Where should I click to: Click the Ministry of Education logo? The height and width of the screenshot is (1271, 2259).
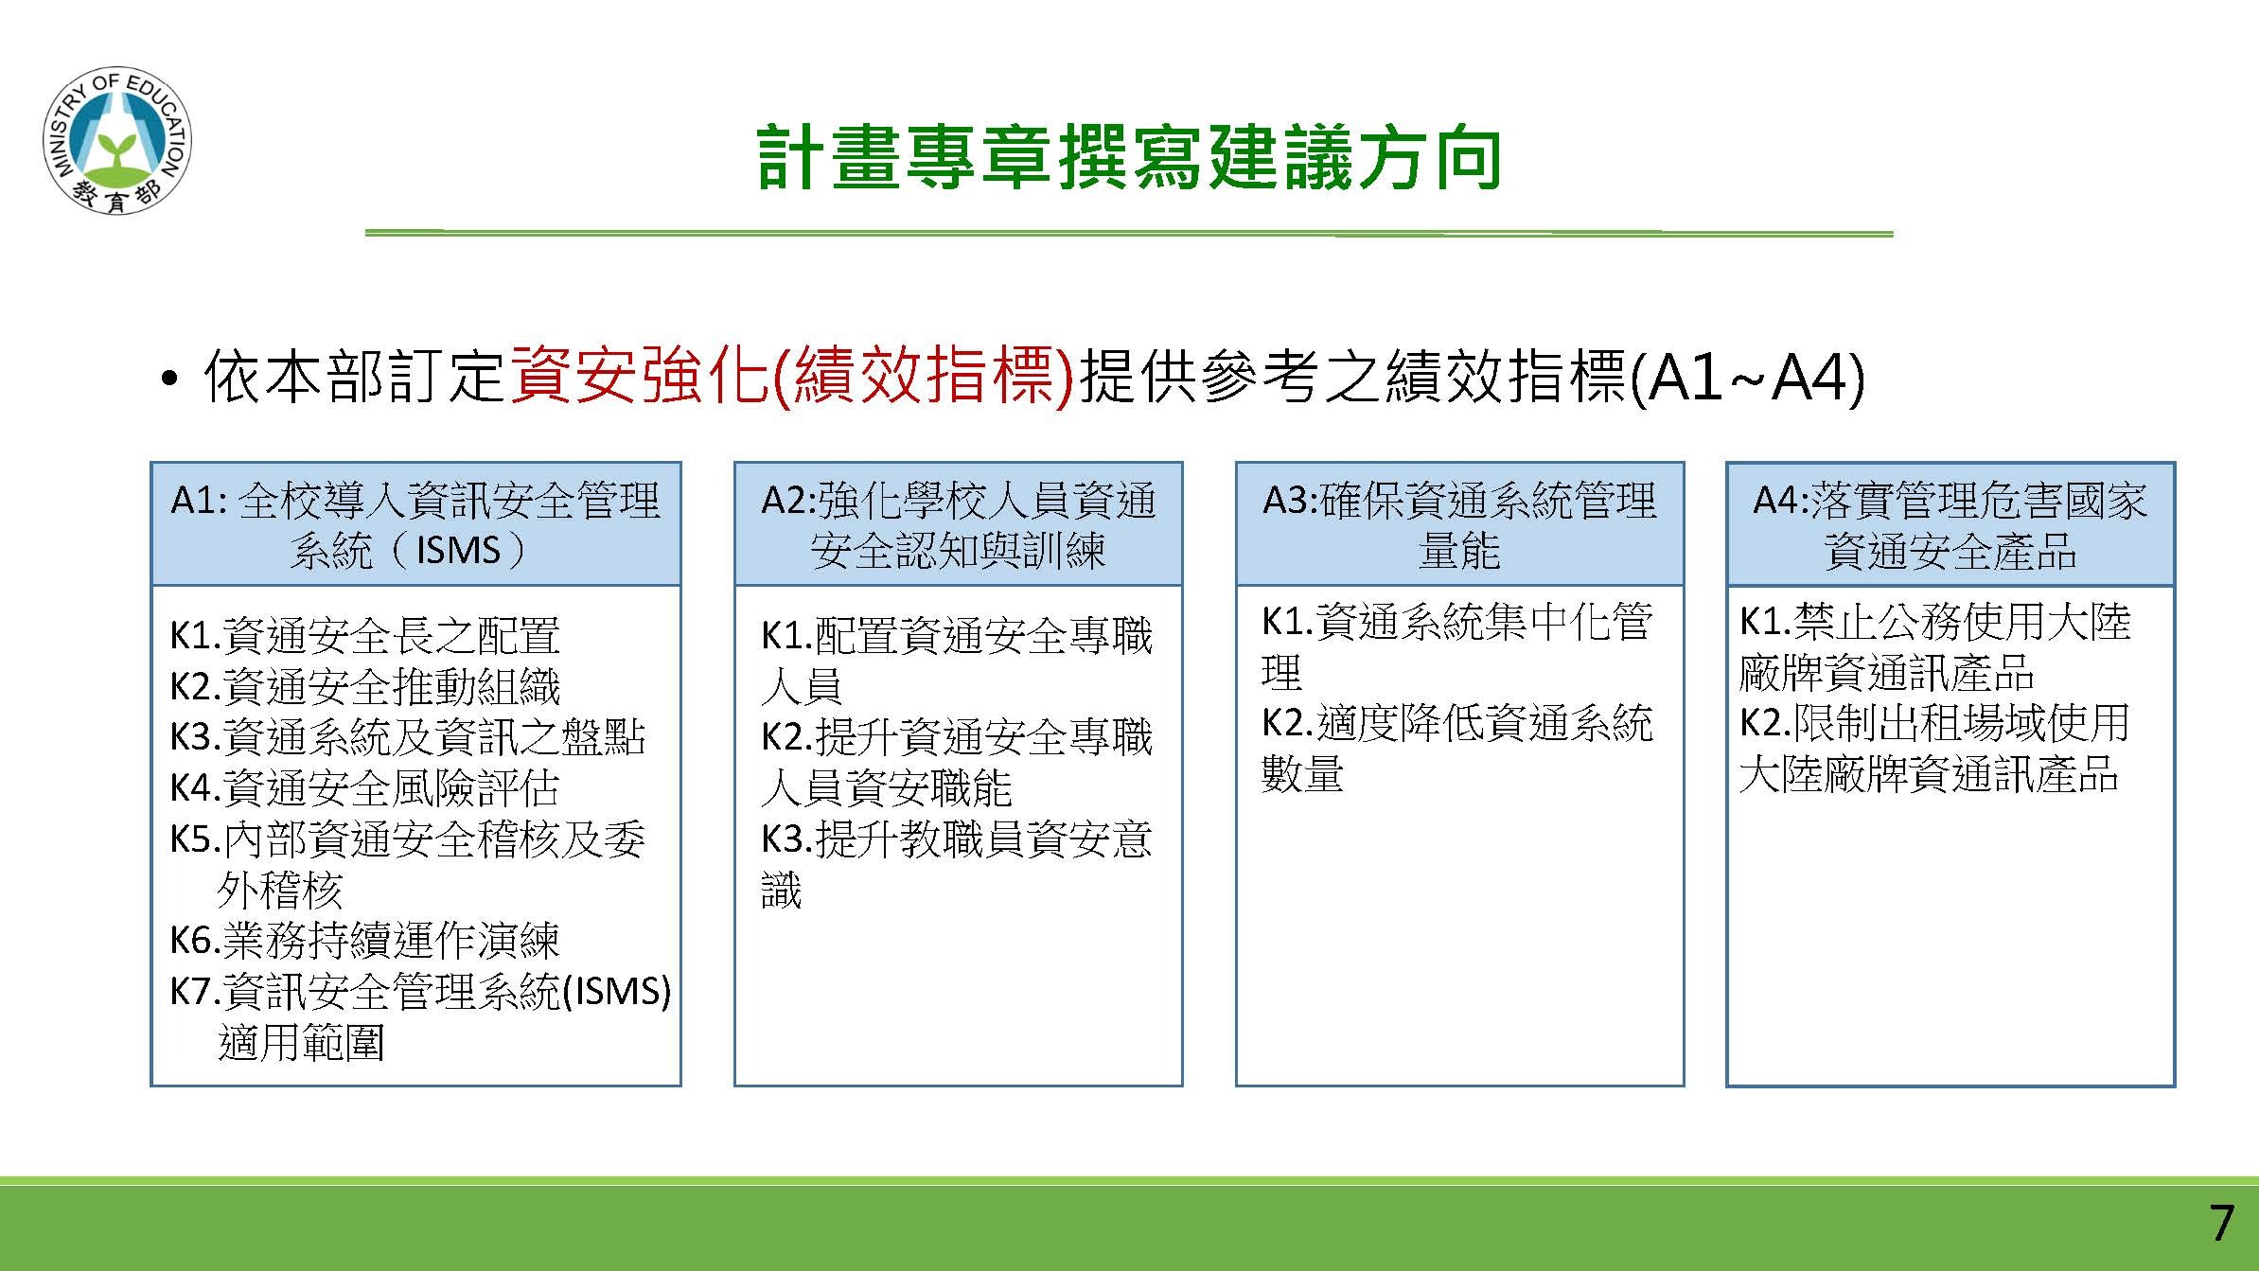pos(116,141)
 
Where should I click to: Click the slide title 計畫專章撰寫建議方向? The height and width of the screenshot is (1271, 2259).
pos(1129,158)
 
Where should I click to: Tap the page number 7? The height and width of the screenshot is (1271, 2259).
pos(2222,1223)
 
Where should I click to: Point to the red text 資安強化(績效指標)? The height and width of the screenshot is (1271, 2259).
pos(792,378)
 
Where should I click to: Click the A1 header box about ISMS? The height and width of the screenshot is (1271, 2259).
pos(415,524)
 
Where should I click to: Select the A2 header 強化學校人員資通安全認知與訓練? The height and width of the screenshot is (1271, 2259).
pos(959,524)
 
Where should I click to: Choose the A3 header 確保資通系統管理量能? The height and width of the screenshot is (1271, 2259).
pos(1459,524)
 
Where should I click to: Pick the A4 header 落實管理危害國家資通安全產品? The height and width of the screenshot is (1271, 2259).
pos(1950,524)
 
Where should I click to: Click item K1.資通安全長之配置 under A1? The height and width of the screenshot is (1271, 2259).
pos(364,635)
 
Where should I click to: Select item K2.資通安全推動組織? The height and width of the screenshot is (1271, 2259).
pos(364,686)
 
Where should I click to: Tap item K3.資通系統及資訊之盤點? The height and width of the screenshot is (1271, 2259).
pos(407,737)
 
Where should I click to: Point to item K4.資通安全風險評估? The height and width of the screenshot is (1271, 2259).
pos(364,788)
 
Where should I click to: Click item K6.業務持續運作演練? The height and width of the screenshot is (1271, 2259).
pos(364,941)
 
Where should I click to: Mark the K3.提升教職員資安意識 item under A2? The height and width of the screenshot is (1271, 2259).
pos(956,864)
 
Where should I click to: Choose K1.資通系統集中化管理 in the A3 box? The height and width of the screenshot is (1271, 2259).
pos(1457,646)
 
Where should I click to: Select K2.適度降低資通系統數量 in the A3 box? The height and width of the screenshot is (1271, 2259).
pos(1457,749)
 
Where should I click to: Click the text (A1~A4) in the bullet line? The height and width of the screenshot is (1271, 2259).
pos(1745,379)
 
